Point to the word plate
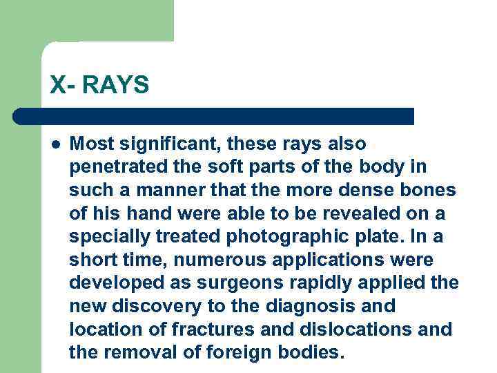pyautogui.click(x=369, y=237)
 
